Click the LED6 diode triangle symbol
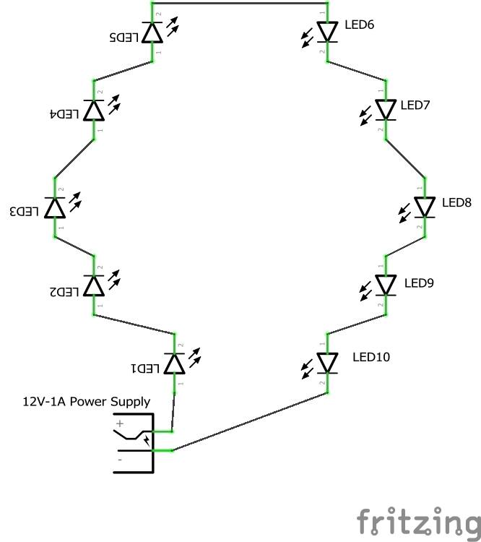pos(328,32)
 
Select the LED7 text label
pos(415,106)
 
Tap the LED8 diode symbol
pos(424,207)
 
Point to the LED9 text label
pos(419,283)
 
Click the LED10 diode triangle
pos(328,363)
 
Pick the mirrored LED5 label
pos(124,36)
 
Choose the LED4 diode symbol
pos(94,110)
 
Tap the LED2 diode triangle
pos(94,286)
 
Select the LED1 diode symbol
pos(174,364)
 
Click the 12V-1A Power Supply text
pos(87,402)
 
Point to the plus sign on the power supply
pos(121,423)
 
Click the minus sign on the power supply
pos(120,458)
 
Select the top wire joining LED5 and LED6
pos(240,3)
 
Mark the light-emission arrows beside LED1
pos(194,356)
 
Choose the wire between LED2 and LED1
pos(134,324)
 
